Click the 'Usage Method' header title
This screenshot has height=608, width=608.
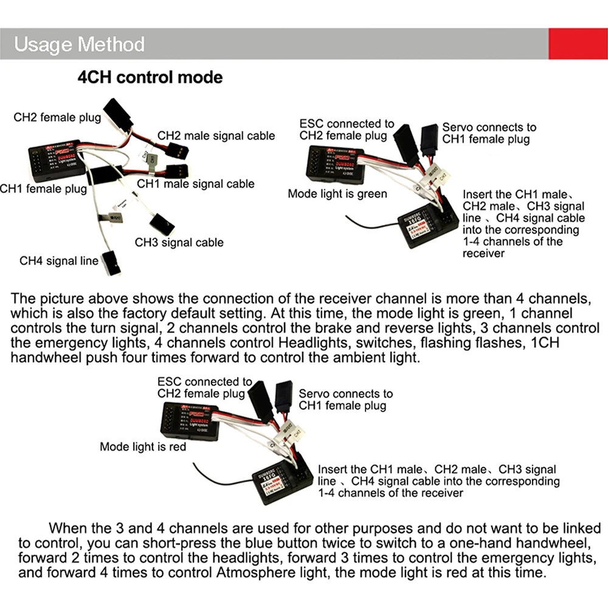click(x=79, y=44)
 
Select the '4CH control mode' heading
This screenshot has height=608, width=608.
click(x=150, y=78)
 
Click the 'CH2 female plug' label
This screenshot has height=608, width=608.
click(x=57, y=117)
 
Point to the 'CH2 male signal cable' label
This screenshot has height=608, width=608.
click(x=216, y=136)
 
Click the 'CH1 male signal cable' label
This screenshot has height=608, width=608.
click(x=195, y=184)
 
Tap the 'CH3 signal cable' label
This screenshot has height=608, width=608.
click(x=179, y=243)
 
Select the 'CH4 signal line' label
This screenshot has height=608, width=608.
click(x=58, y=261)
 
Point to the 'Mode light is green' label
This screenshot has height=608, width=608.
click(x=337, y=194)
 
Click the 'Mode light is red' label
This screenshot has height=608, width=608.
click(x=143, y=447)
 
